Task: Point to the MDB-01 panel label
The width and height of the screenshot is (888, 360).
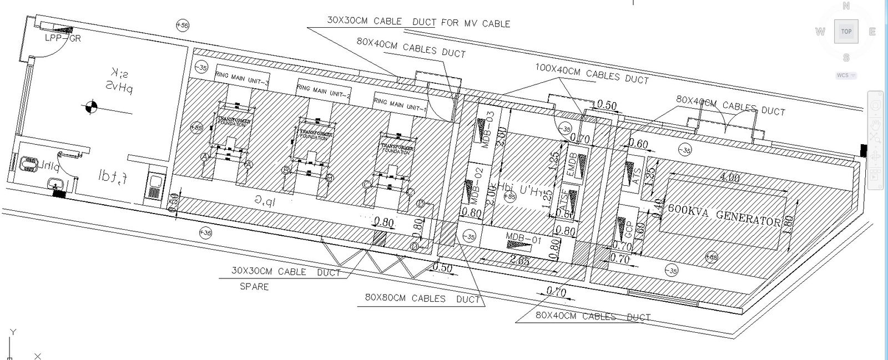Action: click(x=523, y=240)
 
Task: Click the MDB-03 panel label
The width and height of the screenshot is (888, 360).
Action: click(x=488, y=129)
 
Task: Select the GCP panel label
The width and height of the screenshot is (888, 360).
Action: click(x=628, y=229)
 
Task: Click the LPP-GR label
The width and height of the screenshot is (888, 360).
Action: click(x=62, y=38)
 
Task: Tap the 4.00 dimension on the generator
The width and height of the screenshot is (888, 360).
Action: click(x=729, y=178)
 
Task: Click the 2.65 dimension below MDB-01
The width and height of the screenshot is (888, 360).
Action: click(x=519, y=260)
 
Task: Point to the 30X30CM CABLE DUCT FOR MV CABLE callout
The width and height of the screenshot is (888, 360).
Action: click(x=418, y=22)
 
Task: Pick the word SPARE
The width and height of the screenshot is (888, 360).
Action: click(x=254, y=287)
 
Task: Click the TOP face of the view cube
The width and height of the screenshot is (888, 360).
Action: click(x=846, y=32)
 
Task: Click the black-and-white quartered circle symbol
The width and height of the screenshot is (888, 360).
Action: click(x=92, y=107)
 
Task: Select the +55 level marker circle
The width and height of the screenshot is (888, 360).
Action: click(x=181, y=25)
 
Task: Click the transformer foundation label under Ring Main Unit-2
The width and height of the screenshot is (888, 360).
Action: click(x=316, y=135)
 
